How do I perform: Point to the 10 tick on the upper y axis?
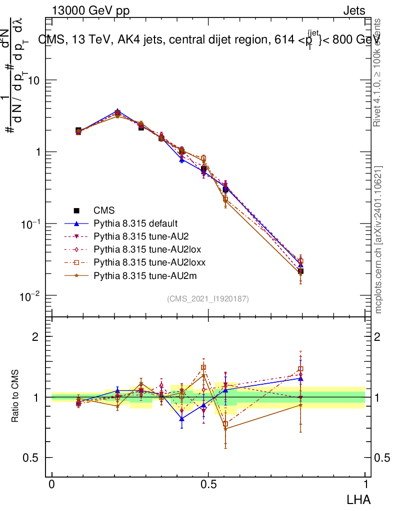pos(34,80)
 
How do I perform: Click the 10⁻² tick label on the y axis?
pos(31,296)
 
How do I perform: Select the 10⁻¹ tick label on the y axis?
pos(31,225)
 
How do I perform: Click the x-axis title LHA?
pos(359,499)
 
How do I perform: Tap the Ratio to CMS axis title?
pos(15,397)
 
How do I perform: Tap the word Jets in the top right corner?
pos(354,10)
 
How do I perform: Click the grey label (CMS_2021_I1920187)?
pos(208,298)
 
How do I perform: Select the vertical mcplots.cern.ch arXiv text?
pos(378,240)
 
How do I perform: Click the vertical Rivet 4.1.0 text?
pos(378,72)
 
